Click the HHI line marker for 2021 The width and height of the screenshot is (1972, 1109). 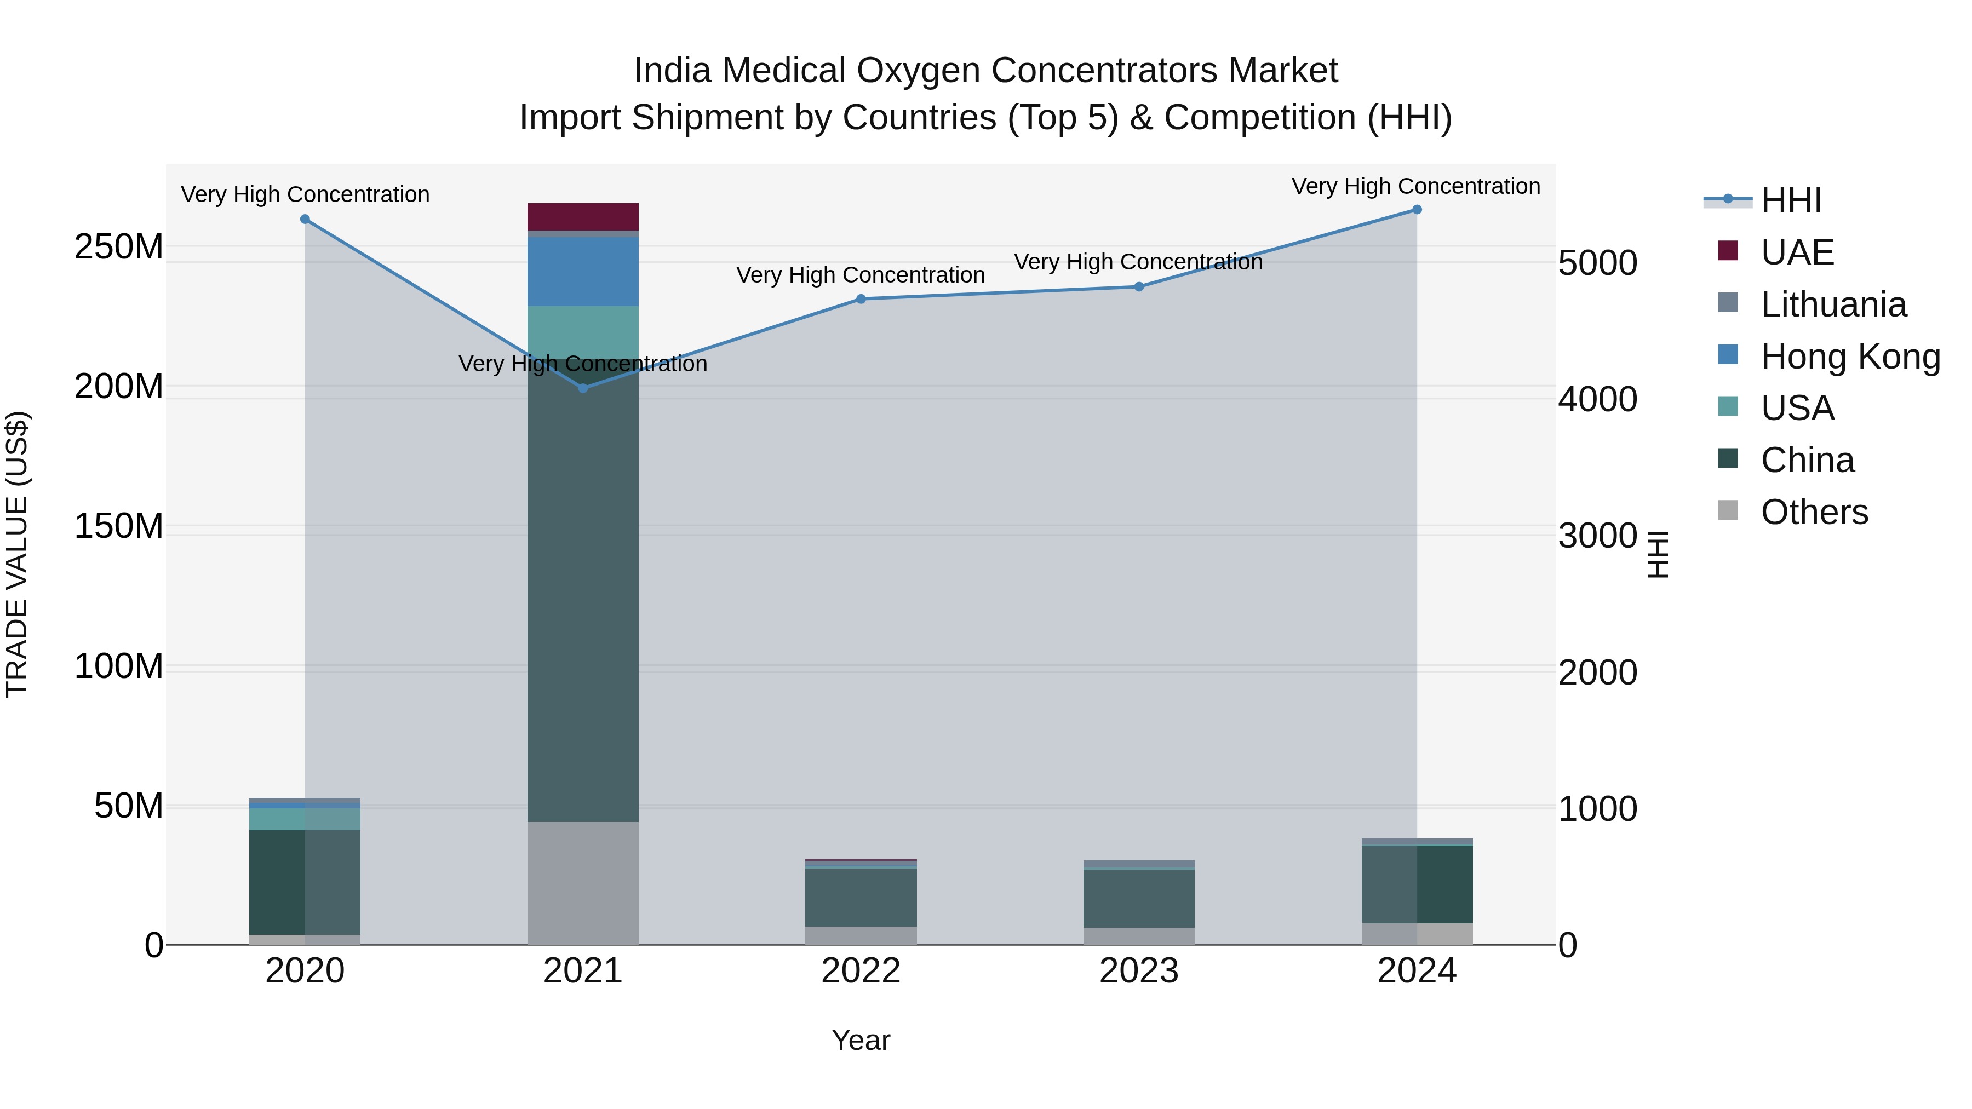(x=583, y=389)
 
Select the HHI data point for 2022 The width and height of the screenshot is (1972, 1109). (x=861, y=299)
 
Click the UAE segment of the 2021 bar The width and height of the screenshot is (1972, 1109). (x=583, y=216)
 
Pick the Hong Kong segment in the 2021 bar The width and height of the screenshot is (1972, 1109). (x=583, y=272)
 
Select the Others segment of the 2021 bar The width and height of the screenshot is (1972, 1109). (x=583, y=883)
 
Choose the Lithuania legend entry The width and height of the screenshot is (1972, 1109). (x=1833, y=304)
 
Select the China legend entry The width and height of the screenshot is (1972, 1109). (x=1807, y=461)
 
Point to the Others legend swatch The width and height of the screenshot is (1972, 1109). (x=1728, y=510)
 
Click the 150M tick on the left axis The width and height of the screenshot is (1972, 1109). (x=119, y=526)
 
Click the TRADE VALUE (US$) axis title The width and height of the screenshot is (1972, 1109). (x=17, y=554)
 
